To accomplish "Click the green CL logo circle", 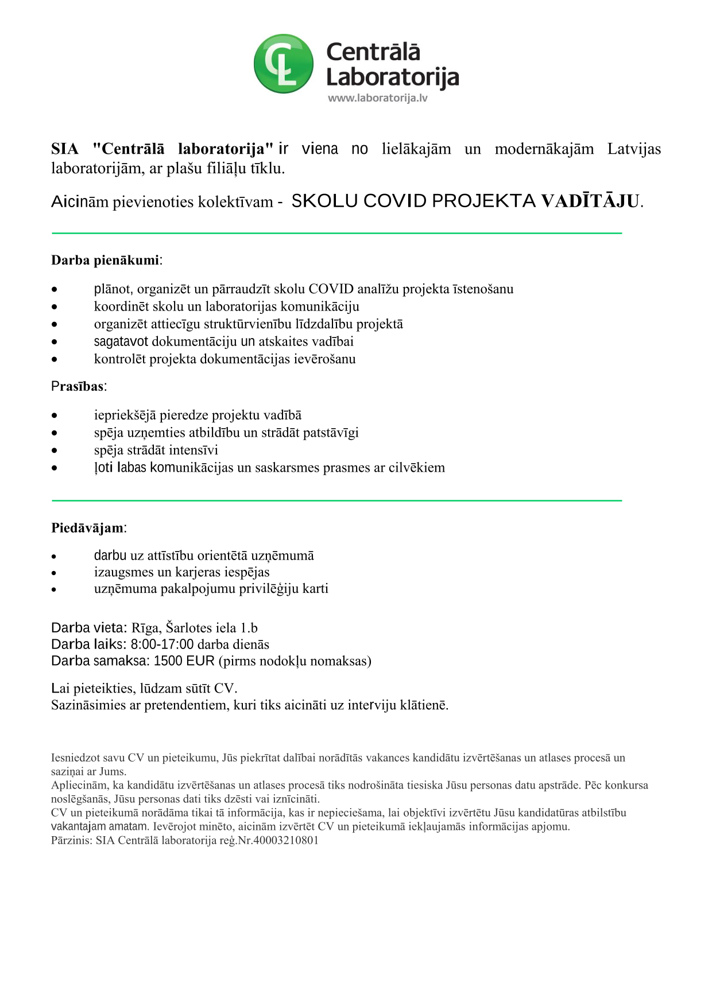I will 284,64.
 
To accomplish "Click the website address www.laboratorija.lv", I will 377,98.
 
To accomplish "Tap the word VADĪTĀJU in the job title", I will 590,201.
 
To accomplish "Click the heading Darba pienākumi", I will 105,260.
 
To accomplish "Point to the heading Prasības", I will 78,386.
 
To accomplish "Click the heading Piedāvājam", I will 87,527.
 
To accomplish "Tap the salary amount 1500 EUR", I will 184,661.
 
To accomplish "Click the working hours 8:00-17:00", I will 162,644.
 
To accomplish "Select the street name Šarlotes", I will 188,628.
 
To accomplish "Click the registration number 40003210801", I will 285,840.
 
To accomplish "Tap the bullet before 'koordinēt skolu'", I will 55,307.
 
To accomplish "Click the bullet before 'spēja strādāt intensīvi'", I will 55,450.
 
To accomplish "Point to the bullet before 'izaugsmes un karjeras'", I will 55,573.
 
